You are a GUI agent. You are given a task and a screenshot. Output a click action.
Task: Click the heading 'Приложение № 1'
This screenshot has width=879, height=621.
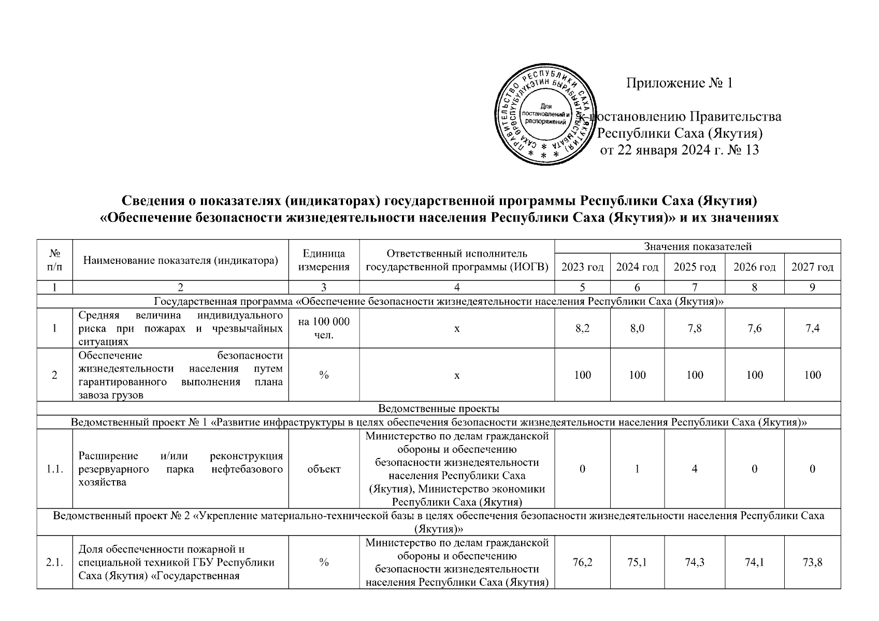[x=679, y=83]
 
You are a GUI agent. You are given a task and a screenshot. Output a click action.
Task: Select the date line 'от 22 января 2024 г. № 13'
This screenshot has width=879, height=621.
[x=679, y=150]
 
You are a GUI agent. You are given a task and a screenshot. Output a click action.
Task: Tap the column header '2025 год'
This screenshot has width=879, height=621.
[x=694, y=267]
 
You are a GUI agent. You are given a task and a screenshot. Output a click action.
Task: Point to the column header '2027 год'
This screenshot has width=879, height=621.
[x=812, y=267]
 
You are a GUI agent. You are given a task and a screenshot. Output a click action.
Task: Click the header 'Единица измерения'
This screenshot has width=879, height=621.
[x=324, y=260]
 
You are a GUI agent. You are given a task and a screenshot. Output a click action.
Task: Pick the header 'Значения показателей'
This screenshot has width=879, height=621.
[x=697, y=247]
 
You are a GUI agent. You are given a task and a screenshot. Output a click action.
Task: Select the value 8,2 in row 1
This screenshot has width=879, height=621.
[x=583, y=328]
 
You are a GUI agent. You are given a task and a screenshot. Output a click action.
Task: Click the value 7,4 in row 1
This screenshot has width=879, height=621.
[x=812, y=328]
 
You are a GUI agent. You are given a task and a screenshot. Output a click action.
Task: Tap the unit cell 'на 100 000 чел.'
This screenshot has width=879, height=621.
[x=324, y=328]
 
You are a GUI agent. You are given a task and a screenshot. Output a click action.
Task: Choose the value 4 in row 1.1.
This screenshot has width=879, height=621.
[x=694, y=469]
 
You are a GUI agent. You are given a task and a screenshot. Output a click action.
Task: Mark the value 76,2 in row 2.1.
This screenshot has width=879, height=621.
[x=583, y=563]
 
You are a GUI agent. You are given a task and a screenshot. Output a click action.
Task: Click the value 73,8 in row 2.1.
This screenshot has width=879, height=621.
[x=812, y=563]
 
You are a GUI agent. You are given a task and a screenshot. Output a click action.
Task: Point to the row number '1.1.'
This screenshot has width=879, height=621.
[x=54, y=469]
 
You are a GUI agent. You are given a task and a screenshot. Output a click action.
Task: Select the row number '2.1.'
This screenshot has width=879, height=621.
[x=54, y=563]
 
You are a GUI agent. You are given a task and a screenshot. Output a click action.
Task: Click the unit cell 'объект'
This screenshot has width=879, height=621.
[x=324, y=469]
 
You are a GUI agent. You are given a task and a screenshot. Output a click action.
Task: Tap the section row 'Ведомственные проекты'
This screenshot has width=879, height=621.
[x=439, y=408]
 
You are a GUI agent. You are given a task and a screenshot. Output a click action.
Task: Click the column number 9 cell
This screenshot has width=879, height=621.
[x=812, y=287]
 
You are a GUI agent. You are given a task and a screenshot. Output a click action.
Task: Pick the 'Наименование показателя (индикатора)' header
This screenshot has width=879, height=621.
[x=180, y=260]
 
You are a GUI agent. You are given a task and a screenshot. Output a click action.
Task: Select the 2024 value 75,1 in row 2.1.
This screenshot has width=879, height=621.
[x=637, y=563]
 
